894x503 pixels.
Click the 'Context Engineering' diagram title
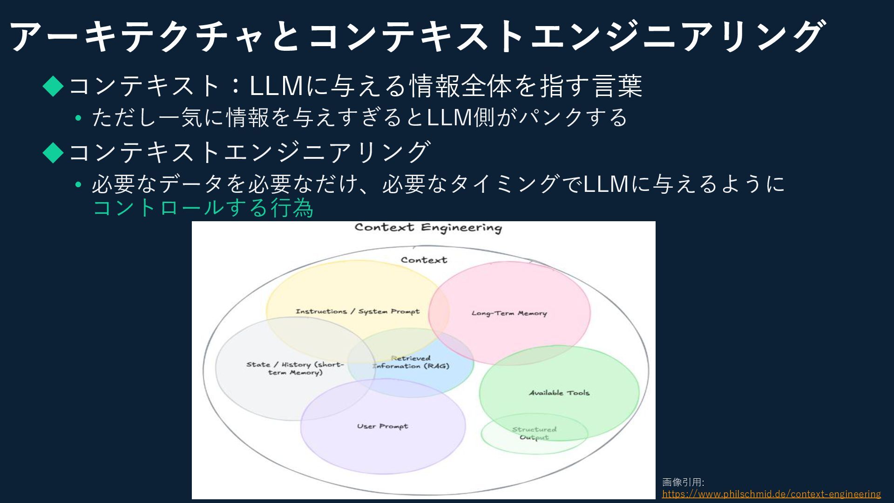point(428,228)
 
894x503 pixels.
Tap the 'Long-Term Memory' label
point(509,313)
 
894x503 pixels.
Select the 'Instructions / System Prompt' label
point(357,312)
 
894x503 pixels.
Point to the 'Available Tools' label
point(559,393)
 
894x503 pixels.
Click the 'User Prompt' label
point(382,426)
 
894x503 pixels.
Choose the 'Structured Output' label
point(534,433)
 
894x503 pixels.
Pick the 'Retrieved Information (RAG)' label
point(411,362)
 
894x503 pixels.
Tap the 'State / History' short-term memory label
point(295,368)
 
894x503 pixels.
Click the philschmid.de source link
point(771,494)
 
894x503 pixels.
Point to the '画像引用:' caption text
point(683,482)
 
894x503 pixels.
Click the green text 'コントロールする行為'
point(203,208)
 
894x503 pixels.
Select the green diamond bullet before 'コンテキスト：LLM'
point(53,86)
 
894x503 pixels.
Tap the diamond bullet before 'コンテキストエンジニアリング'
point(53,152)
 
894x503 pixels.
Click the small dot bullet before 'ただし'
point(78,118)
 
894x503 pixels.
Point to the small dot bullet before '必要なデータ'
point(78,185)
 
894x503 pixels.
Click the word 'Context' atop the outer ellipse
point(424,260)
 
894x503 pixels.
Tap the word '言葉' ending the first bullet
point(617,86)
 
